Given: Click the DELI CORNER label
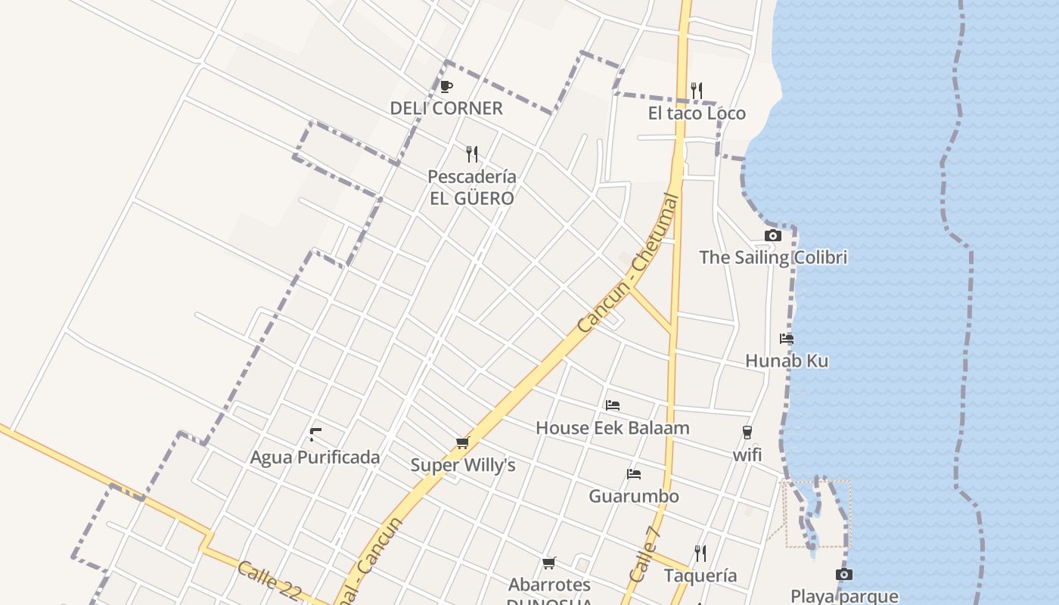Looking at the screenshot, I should point(446,108).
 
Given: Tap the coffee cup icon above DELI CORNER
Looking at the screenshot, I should point(446,86).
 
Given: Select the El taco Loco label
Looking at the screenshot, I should point(697,113).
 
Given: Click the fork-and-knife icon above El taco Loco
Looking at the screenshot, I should point(697,91).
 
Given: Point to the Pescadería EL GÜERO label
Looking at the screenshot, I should point(472,188).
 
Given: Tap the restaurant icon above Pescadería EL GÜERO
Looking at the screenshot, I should point(472,154).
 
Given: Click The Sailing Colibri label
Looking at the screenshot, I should point(773,257).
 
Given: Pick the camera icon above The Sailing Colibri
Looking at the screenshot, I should point(772,235).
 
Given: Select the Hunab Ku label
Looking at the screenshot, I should point(787,361).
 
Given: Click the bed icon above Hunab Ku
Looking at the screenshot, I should point(787,339).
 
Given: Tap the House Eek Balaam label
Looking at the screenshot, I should point(613,427).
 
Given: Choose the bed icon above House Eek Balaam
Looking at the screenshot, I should point(613,405).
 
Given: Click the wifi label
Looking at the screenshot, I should point(747,455).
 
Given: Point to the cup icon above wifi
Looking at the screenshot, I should point(747,433).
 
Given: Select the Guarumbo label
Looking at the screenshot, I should point(634,496).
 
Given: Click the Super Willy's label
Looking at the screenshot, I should point(463,465).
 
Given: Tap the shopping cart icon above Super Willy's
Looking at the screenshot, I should point(462,442).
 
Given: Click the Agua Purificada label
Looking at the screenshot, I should point(315,458).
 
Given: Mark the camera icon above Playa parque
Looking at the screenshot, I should point(844,575).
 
